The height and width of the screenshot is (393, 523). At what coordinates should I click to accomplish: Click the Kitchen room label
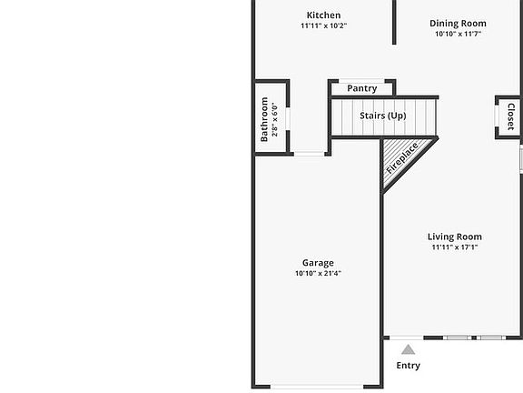[x=323, y=15]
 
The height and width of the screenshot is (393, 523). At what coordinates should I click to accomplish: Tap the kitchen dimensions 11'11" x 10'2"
[x=323, y=25]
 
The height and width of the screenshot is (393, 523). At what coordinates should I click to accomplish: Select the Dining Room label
[x=458, y=24]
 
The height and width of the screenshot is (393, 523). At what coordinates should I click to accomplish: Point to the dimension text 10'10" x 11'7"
[x=458, y=35]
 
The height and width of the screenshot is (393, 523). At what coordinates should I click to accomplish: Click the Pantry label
[x=361, y=88]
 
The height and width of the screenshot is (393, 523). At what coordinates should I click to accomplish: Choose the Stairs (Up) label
[x=382, y=116]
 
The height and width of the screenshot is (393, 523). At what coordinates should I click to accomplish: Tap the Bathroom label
[x=264, y=119]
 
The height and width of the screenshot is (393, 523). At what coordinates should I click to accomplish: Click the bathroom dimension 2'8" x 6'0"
[x=275, y=119]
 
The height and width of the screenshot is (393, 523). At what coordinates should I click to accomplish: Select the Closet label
[x=510, y=117]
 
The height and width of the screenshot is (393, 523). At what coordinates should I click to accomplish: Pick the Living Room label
[x=455, y=237]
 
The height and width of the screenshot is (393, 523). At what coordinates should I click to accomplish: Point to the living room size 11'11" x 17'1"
[x=455, y=247]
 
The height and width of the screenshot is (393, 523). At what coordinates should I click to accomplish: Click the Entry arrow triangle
[x=409, y=349]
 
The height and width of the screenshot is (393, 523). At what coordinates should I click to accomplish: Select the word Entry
[x=409, y=366]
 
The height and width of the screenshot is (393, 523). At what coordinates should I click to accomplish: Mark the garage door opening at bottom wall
[x=317, y=387]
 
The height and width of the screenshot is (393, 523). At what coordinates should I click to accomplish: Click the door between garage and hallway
[x=311, y=154]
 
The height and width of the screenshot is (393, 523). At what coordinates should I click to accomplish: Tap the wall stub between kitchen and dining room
[x=394, y=22]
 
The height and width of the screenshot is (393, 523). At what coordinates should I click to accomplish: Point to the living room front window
[x=476, y=338]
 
